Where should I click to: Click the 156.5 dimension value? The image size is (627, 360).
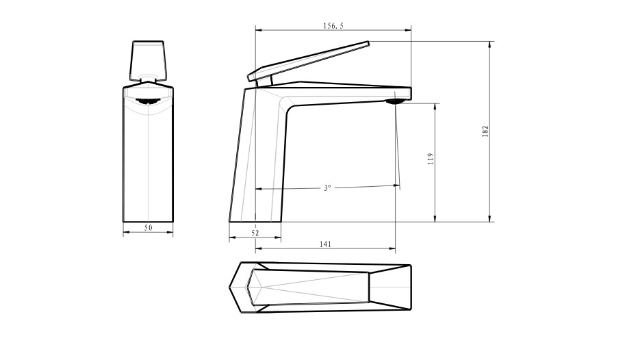pyautogui.click(x=333, y=26)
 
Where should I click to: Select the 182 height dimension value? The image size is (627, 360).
pyautogui.click(x=485, y=131)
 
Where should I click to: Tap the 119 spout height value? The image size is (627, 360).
pyautogui.click(x=431, y=158)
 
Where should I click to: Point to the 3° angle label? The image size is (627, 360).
pyautogui.click(x=327, y=188)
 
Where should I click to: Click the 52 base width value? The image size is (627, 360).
pyautogui.click(x=255, y=233)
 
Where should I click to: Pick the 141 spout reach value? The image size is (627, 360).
pyautogui.click(x=325, y=244)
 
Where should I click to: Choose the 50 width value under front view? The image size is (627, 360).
pyautogui.click(x=148, y=228)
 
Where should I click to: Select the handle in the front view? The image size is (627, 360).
pyautogui.click(x=148, y=60)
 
